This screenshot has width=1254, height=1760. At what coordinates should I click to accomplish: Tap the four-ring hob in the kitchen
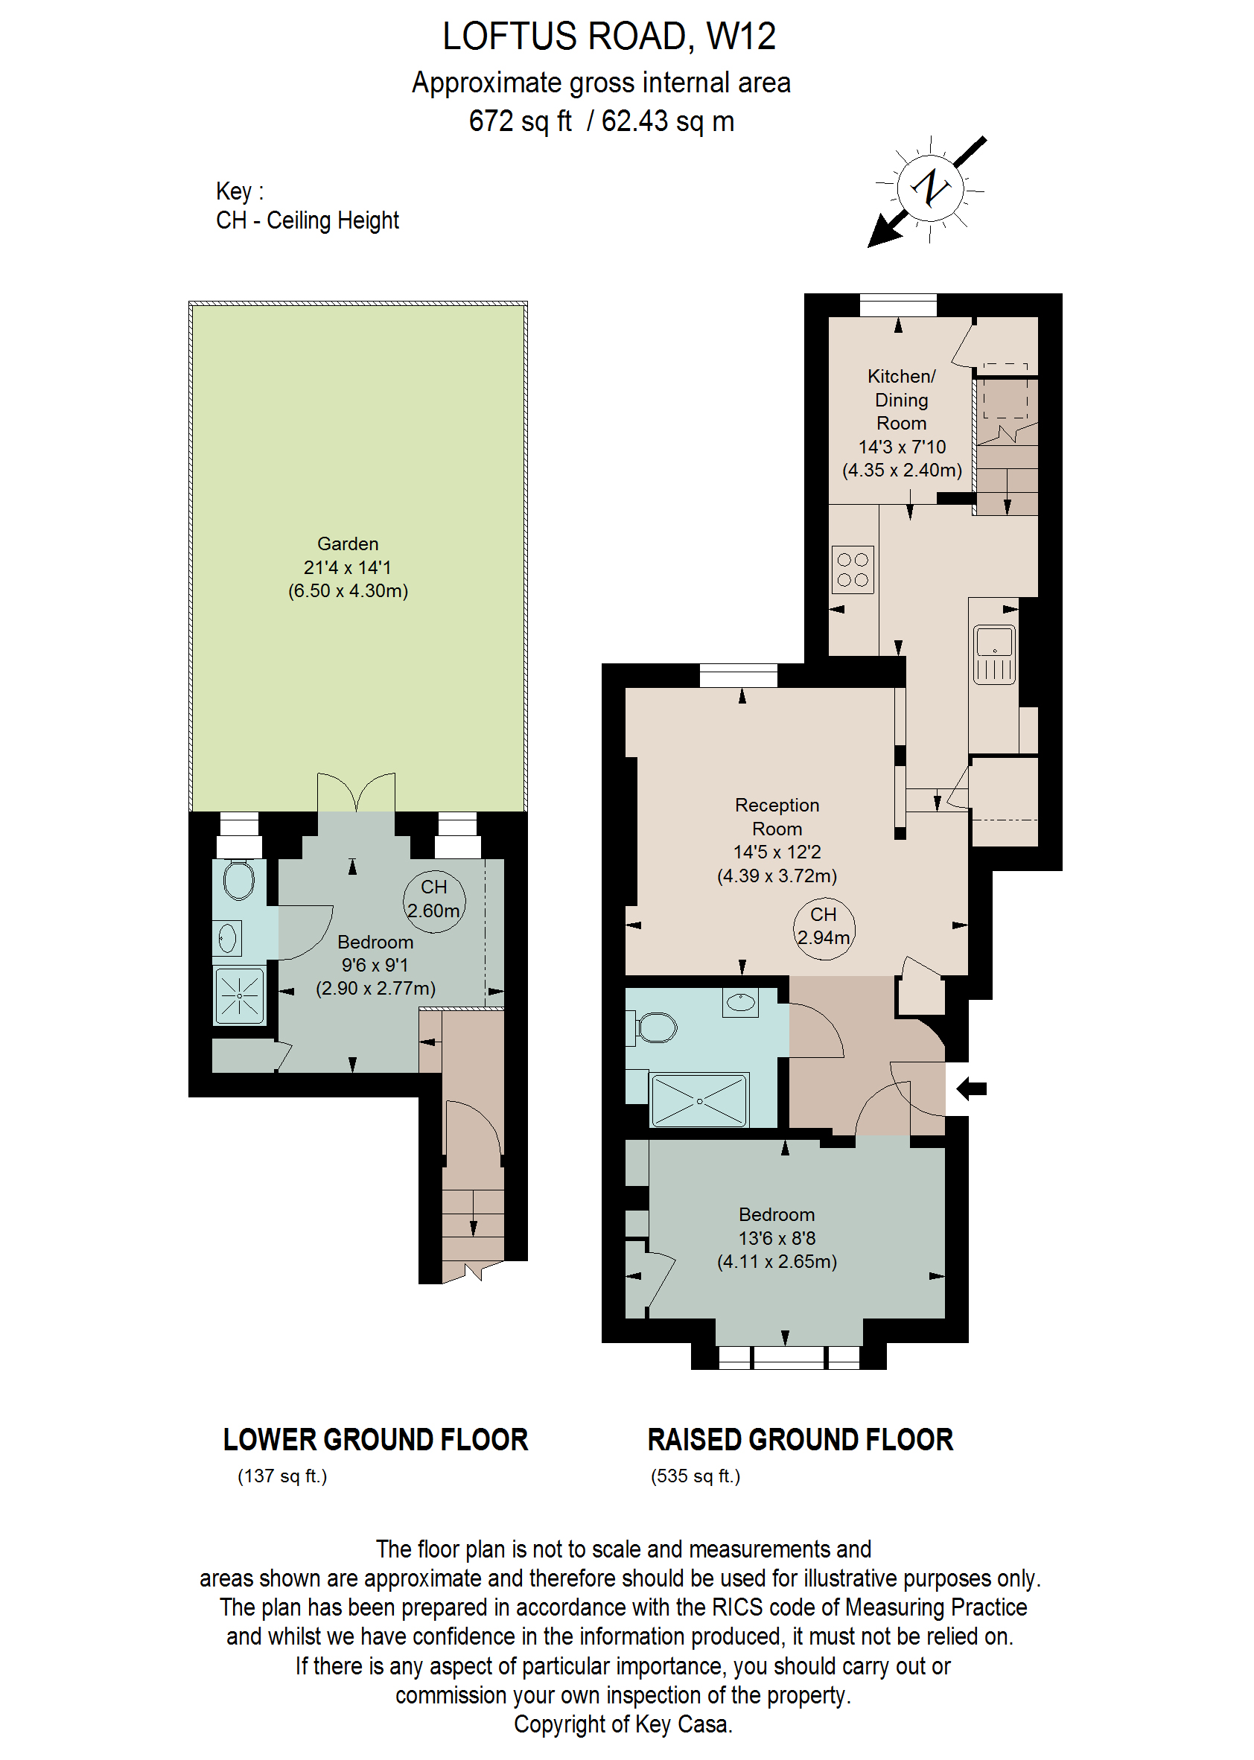pyautogui.click(x=853, y=570)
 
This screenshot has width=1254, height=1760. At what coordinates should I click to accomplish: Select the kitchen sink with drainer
pyautogui.click(x=994, y=654)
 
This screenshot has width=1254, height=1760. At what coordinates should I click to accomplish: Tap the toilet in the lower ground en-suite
pyautogui.click(x=238, y=879)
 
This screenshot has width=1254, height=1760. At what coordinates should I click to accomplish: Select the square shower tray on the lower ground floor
pyautogui.click(x=239, y=996)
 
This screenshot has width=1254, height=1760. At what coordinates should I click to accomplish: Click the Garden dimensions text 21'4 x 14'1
pyautogui.click(x=348, y=567)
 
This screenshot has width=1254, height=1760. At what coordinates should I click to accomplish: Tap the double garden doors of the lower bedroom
pyautogui.click(x=356, y=792)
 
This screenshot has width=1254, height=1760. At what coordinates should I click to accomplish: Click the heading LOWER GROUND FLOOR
pyautogui.click(x=375, y=1440)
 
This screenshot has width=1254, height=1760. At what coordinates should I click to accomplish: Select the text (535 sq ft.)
pyautogui.click(x=695, y=1476)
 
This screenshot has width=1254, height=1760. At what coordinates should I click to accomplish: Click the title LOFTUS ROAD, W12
pyautogui.click(x=608, y=36)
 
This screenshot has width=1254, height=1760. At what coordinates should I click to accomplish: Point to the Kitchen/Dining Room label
pyautogui.click(x=901, y=400)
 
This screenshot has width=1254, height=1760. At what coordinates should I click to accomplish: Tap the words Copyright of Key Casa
pyautogui.click(x=623, y=1724)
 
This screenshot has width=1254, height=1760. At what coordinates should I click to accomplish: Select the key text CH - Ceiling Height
pyautogui.click(x=308, y=221)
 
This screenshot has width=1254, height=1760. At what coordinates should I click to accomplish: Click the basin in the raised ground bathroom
pyautogui.click(x=740, y=1002)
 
